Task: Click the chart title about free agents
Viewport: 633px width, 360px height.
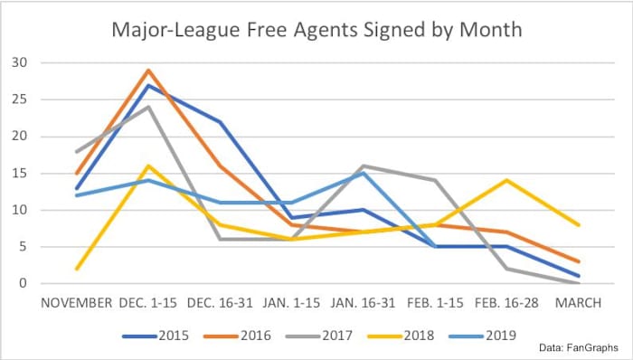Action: (316, 30)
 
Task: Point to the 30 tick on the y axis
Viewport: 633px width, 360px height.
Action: (18, 63)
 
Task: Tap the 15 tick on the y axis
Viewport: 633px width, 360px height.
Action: (18, 174)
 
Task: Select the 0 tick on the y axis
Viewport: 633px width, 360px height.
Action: (22, 284)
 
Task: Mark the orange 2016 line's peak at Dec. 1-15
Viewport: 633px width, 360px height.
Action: (147, 70)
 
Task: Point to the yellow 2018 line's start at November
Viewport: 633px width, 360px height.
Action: (76, 269)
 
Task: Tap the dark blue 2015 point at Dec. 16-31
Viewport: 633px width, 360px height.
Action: (219, 121)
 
